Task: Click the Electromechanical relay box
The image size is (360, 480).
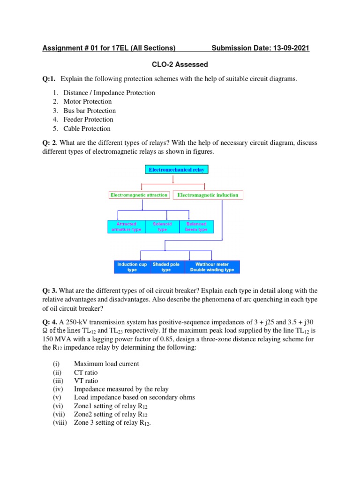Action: pos(176,170)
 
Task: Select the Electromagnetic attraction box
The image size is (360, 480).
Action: pos(139,195)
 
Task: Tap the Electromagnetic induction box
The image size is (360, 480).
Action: pos(208,195)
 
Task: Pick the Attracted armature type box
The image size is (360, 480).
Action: pos(127,227)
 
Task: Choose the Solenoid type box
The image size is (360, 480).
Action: pos(162,227)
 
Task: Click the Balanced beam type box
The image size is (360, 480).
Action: pos(196,227)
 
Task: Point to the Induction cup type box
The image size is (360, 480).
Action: pos(132,267)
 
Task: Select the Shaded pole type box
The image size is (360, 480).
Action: pos(166,267)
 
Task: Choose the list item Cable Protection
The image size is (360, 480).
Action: pos(87,129)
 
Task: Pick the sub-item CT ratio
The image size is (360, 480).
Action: pos(86,373)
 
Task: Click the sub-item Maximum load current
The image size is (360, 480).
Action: pos(106,364)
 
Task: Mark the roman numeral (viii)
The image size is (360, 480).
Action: pos(60,423)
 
